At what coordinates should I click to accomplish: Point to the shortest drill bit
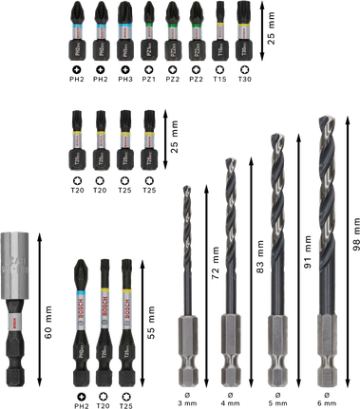(x=187, y=285)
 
